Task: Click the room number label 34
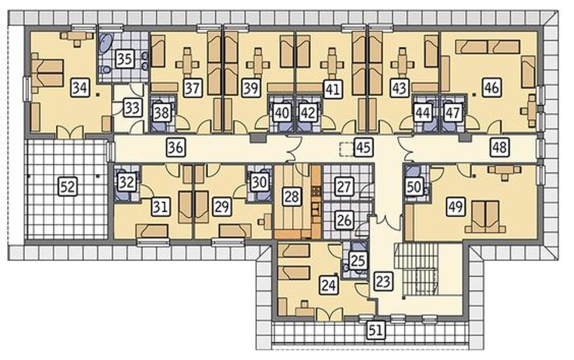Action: coord(80,88)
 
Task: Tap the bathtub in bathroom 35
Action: coord(105,44)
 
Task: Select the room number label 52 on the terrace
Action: coord(68,187)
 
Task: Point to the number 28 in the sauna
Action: coord(292,197)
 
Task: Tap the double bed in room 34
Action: coord(48,73)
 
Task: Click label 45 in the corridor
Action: coord(363,147)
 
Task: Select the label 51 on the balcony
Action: coord(376,330)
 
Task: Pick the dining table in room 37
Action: coord(187,64)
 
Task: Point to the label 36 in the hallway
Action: coord(176,147)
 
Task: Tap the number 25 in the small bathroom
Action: coord(358,260)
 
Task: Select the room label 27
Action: coord(344,187)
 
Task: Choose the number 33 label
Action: coord(132,108)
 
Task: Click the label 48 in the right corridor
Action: coord(500,147)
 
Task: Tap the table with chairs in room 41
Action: coord(332,64)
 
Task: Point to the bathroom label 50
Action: coord(414,187)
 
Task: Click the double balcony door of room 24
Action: coord(330,314)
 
